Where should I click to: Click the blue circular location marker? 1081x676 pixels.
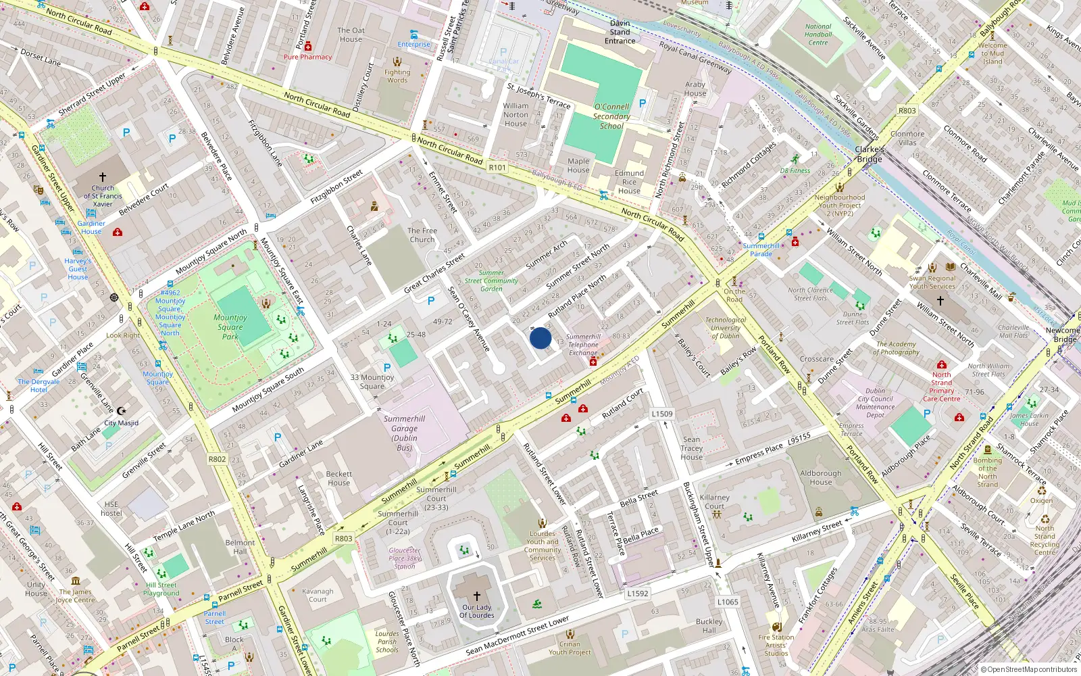[x=540, y=338]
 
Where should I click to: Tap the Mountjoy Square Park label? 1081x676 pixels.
[x=230, y=327]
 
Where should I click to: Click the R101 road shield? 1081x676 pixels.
[x=497, y=168]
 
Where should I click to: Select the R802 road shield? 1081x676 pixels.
[x=217, y=459]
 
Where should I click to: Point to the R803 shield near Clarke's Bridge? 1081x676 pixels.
[x=907, y=111]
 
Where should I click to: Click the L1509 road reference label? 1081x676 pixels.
[x=662, y=414]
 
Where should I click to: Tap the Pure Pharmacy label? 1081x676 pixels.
[x=307, y=57]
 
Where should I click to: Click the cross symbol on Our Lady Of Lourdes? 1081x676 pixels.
[x=477, y=596]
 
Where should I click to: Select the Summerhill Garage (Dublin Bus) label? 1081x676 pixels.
[x=404, y=433]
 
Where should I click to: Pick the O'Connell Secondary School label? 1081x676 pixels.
[x=611, y=116]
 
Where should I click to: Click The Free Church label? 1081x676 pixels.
[x=422, y=235]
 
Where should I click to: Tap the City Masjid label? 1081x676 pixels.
[x=122, y=423]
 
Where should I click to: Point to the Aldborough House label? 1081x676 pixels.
[x=821, y=477]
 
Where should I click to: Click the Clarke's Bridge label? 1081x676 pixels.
[x=870, y=154]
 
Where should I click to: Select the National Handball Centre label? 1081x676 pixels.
[x=818, y=34]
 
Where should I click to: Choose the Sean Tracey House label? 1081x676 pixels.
[x=692, y=448]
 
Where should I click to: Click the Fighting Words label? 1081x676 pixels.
[x=397, y=76]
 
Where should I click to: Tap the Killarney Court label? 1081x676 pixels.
[x=715, y=502]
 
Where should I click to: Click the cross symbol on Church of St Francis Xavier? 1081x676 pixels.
[x=103, y=176]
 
